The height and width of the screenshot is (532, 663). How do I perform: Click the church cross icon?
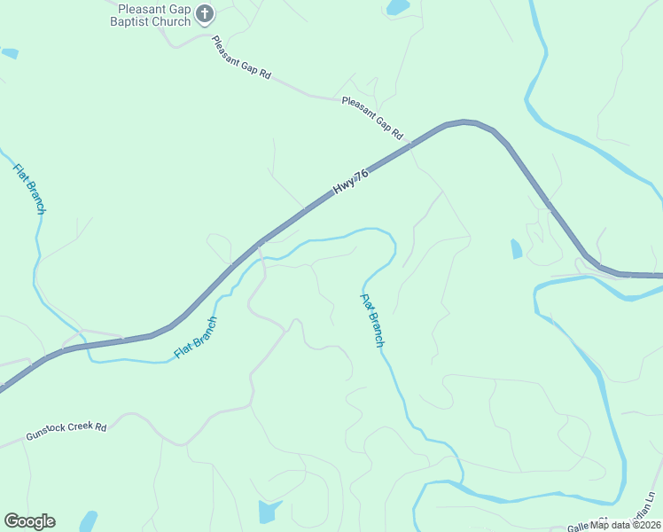205,13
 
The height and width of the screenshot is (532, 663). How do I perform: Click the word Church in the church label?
175,21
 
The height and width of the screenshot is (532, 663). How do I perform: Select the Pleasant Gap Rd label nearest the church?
241,59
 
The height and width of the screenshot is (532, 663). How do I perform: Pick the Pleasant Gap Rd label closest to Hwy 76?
372,118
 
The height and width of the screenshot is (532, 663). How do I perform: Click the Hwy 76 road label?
350,182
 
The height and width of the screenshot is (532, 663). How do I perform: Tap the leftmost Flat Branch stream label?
30,188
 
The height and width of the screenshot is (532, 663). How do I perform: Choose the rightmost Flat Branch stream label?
372,319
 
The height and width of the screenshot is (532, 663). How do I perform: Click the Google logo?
29,521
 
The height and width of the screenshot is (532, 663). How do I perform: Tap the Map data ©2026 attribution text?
625,524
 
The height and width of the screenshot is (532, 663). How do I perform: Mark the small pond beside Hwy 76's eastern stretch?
517,249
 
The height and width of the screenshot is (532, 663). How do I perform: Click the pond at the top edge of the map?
398,7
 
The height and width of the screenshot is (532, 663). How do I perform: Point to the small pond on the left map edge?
10,54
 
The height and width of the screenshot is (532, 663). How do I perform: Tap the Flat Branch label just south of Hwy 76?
197,338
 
